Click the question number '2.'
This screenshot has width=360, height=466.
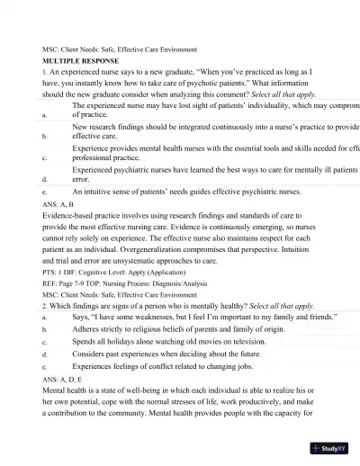[45, 306]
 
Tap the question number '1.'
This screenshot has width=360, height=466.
[45, 70]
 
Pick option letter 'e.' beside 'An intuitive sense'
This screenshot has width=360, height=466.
[45, 192]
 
